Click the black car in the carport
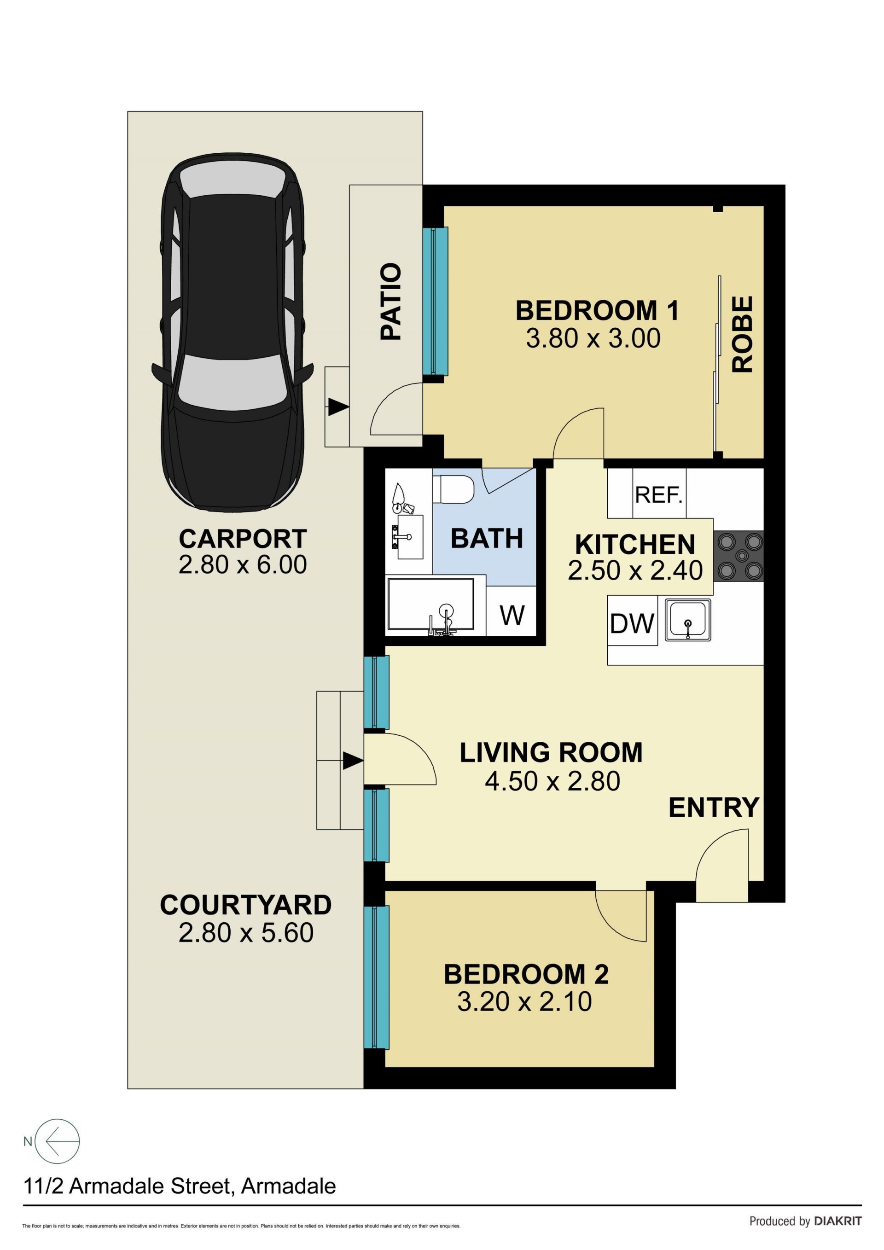(x=233, y=334)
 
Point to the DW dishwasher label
(x=632, y=623)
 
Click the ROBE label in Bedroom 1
(x=743, y=334)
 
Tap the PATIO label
(x=390, y=302)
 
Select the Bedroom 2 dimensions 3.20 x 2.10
(x=524, y=1002)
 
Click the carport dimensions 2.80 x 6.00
(x=243, y=564)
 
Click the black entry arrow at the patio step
(x=338, y=407)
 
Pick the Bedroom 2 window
(x=377, y=977)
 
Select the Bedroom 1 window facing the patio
(x=436, y=301)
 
